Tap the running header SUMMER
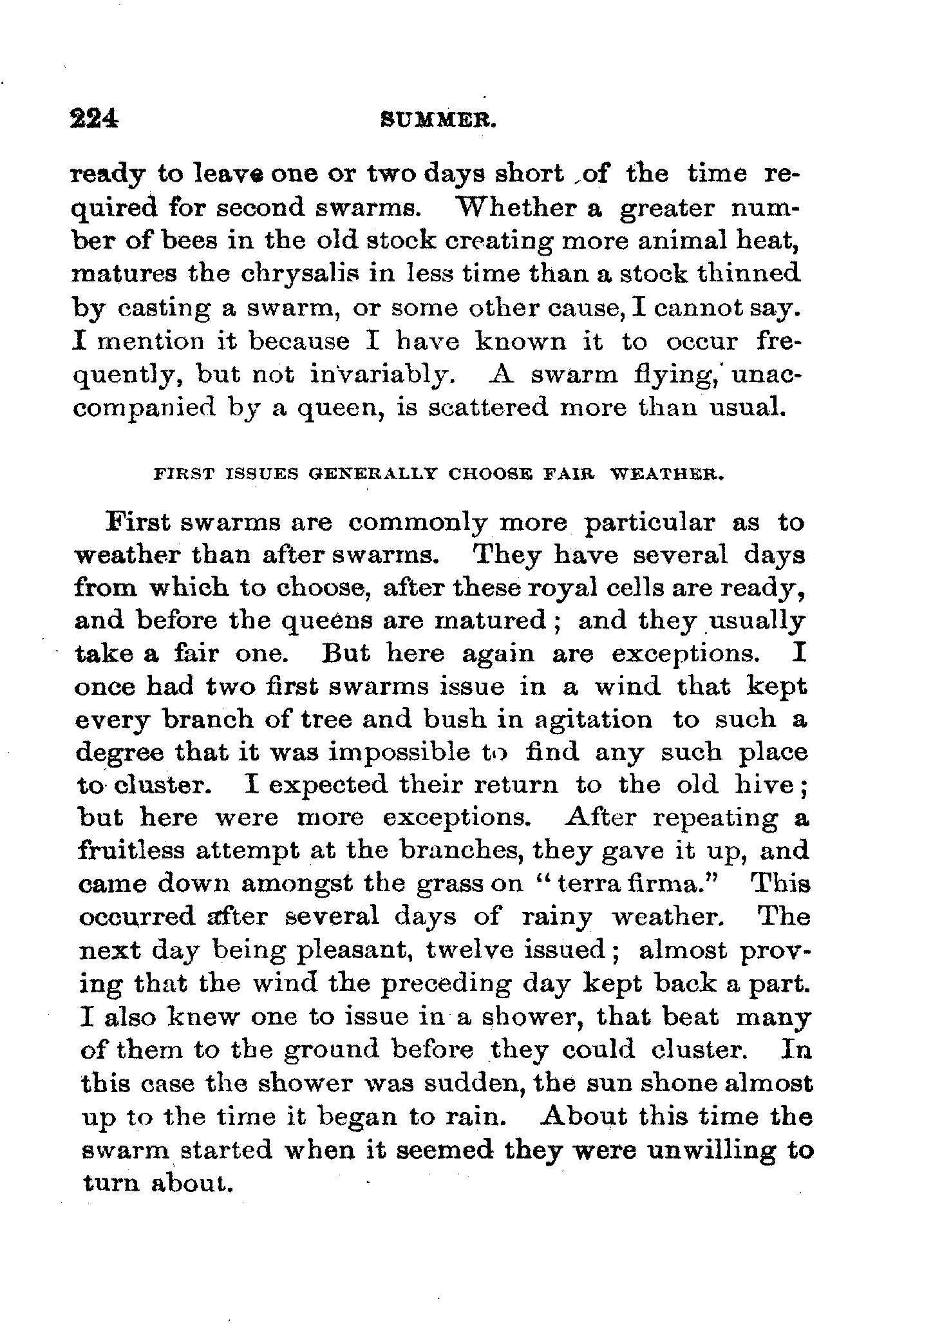pos(438,120)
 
